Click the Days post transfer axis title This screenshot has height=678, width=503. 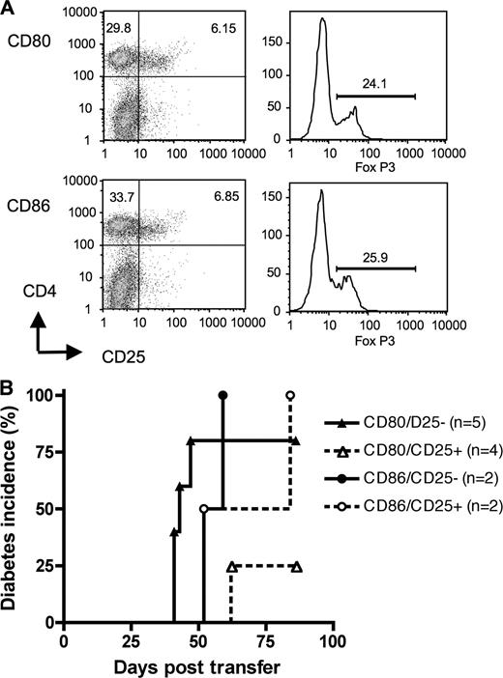coord(198,666)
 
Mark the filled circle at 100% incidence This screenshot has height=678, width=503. coord(223,395)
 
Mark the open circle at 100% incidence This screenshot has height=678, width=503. coord(290,395)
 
